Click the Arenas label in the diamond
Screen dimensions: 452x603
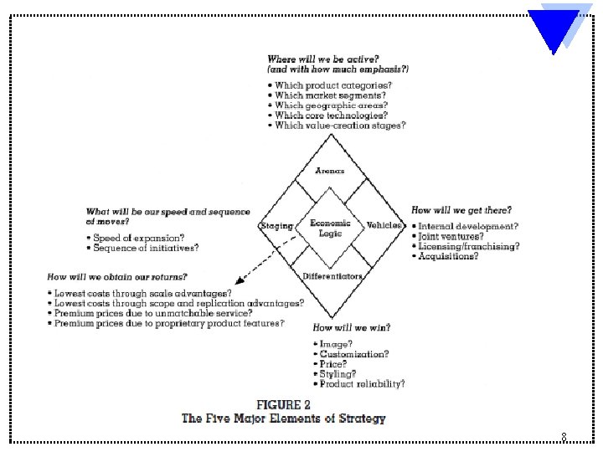[330, 171]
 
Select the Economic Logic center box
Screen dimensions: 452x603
[330, 228]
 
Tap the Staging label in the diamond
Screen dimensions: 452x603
[277, 226]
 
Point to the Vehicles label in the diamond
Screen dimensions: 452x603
[384, 226]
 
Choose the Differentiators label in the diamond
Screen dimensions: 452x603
[332, 277]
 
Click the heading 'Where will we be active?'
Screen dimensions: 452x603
[321, 59]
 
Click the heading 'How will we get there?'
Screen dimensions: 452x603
[461, 210]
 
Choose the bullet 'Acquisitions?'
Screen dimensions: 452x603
[449, 257]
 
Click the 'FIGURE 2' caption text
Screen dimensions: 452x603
[283, 405]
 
